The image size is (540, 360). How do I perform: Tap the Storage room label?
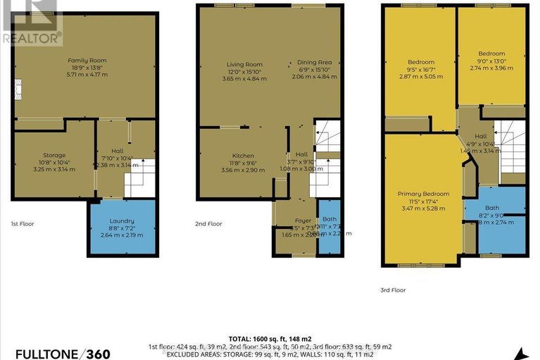(x=54, y=156)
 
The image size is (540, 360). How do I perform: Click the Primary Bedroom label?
(x=422, y=194)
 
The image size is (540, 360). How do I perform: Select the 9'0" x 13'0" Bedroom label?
(x=491, y=54)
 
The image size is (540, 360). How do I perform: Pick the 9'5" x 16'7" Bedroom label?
(x=421, y=62)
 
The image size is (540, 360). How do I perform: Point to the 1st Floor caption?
(x=23, y=224)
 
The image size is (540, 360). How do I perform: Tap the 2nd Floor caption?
(x=210, y=224)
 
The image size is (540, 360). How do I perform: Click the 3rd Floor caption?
(x=394, y=290)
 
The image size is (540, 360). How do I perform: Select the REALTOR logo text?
(x=32, y=38)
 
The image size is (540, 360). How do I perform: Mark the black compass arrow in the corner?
(x=520, y=353)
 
